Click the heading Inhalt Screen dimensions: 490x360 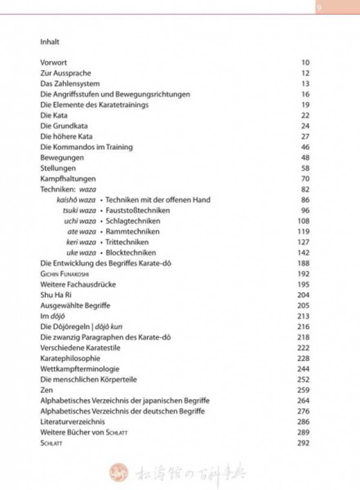50,42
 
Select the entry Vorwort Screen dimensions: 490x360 53,62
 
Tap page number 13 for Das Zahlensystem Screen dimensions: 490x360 306,84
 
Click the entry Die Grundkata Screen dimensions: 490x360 64,126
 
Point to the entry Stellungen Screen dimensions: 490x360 58,168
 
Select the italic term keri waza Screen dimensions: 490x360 81,242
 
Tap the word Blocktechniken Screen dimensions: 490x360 131,253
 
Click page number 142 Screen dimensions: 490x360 304,253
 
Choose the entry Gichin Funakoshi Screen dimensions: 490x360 65,274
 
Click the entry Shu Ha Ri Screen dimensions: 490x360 55,295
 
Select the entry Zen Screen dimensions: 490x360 47,390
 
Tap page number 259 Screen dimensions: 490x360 304,390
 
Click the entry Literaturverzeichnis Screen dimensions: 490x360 73,422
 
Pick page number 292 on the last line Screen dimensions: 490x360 304,443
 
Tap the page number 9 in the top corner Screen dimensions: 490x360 319,8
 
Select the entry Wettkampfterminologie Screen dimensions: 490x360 80,369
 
